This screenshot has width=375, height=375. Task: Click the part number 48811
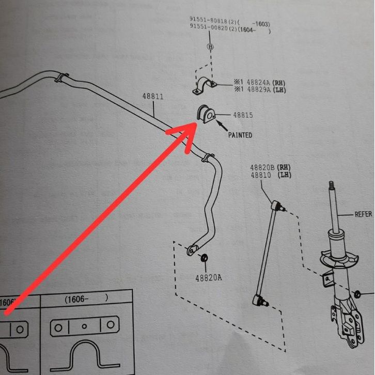click(x=152, y=96)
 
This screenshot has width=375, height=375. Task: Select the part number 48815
click(x=242, y=116)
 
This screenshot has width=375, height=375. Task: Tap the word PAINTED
click(x=240, y=135)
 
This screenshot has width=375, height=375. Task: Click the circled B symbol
click(x=210, y=46)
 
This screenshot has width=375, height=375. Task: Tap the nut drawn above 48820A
click(x=204, y=257)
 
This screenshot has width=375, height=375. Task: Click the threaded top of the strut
click(x=331, y=191)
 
